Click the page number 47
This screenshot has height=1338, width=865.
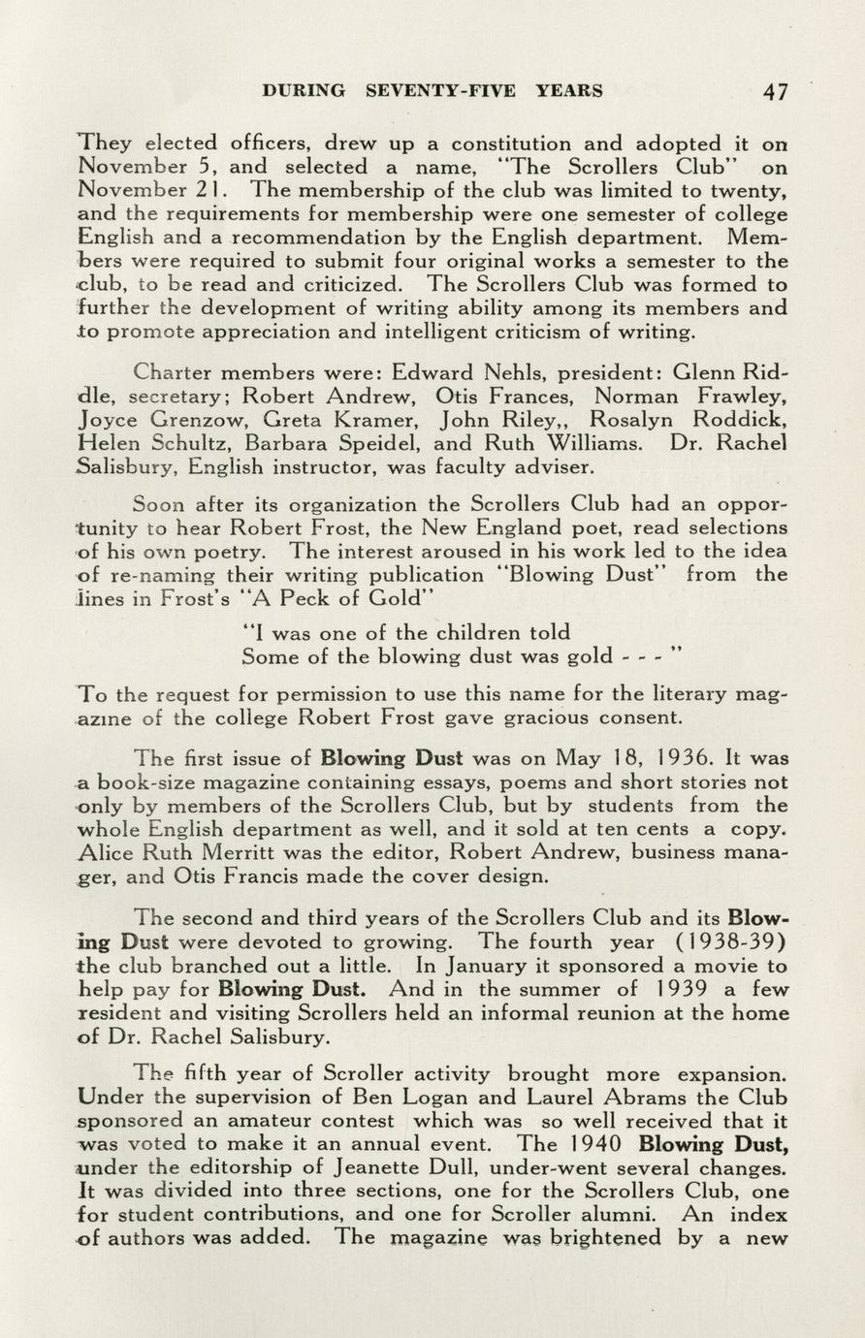point(775,92)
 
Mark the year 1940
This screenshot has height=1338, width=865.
point(591,1144)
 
